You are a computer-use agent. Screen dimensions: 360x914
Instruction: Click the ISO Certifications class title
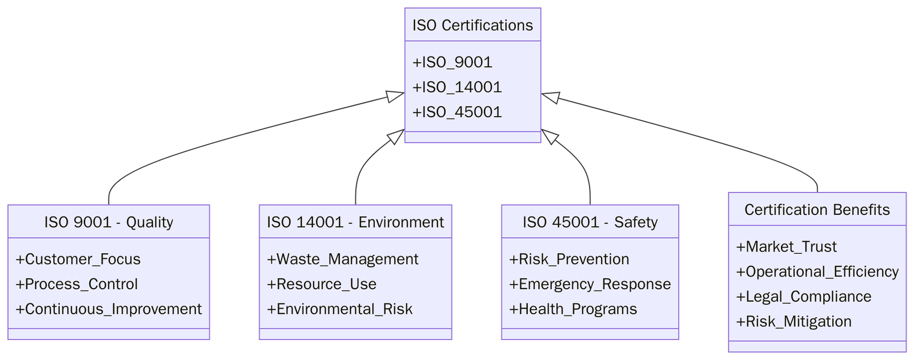click(x=472, y=25)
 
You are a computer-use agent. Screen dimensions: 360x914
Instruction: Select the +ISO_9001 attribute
click(x=452, y=62)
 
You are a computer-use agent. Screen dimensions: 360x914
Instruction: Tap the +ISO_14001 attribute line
click(x=457, y=87)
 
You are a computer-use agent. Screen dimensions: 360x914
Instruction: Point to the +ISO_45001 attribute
click(x=457, y=112)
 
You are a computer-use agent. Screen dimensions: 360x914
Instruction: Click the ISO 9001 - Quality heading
click(x=109, y=222)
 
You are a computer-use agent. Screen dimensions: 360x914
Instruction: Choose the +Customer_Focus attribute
click(x=78, y=259)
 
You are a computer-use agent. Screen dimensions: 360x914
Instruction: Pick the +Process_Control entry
click(x=77, y=284)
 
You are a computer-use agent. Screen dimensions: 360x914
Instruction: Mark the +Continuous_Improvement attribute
click(x=109, y=309)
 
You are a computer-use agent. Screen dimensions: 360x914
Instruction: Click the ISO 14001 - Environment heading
click(x=355, y=222)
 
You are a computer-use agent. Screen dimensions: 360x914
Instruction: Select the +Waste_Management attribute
click(x=343, y=259)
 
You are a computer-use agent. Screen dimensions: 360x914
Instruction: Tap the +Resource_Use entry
click(x=322, y=284)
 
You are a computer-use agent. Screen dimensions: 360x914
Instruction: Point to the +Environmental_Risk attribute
click(x=340, y=309)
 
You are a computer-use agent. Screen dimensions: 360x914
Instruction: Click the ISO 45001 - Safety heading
click(x=590, y=222)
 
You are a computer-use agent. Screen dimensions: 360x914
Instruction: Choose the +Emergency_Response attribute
click(x=590, y=284)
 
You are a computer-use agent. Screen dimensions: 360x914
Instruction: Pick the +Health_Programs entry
click(x=573, y=309)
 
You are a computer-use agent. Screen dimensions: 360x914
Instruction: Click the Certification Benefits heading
click(x=817, y=210)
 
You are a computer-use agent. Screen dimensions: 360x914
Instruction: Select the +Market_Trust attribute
click(x=787, y=247)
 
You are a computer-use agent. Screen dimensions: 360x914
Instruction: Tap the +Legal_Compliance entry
click(x=804, y=297)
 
